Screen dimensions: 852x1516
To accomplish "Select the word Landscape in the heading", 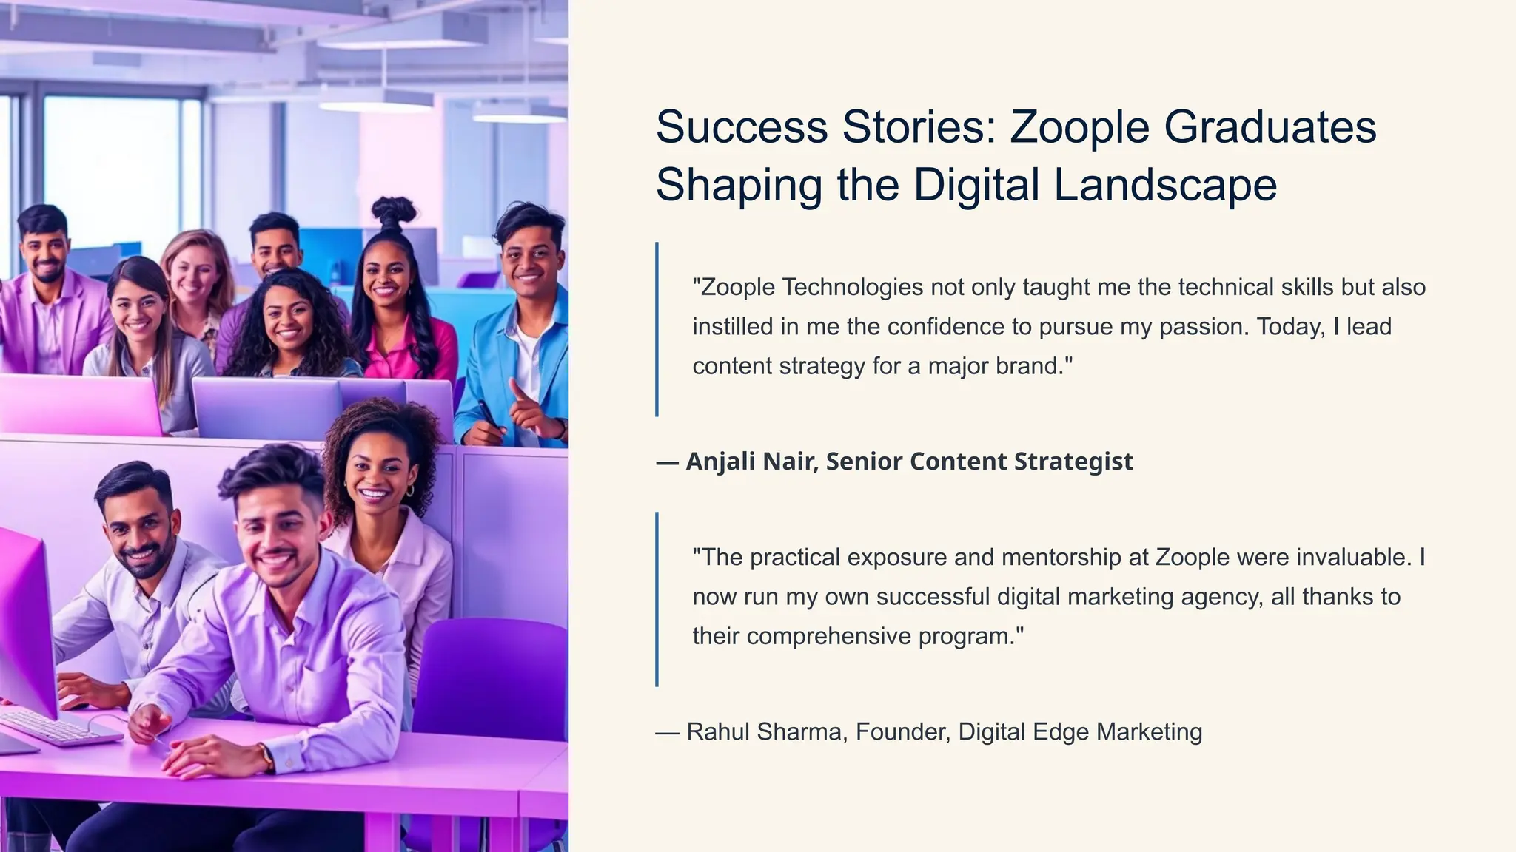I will pos(1165,185).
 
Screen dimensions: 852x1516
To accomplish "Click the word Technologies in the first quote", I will pos(852,287).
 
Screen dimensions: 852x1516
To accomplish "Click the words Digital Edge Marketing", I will pos(1080,731).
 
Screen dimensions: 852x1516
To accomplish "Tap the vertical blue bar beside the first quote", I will pos(657,329).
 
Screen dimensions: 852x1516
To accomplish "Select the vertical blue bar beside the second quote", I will pos(657,599).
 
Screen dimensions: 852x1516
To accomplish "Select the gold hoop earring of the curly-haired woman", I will pos(409,490).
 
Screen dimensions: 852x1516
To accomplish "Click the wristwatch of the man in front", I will pos(266,757).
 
